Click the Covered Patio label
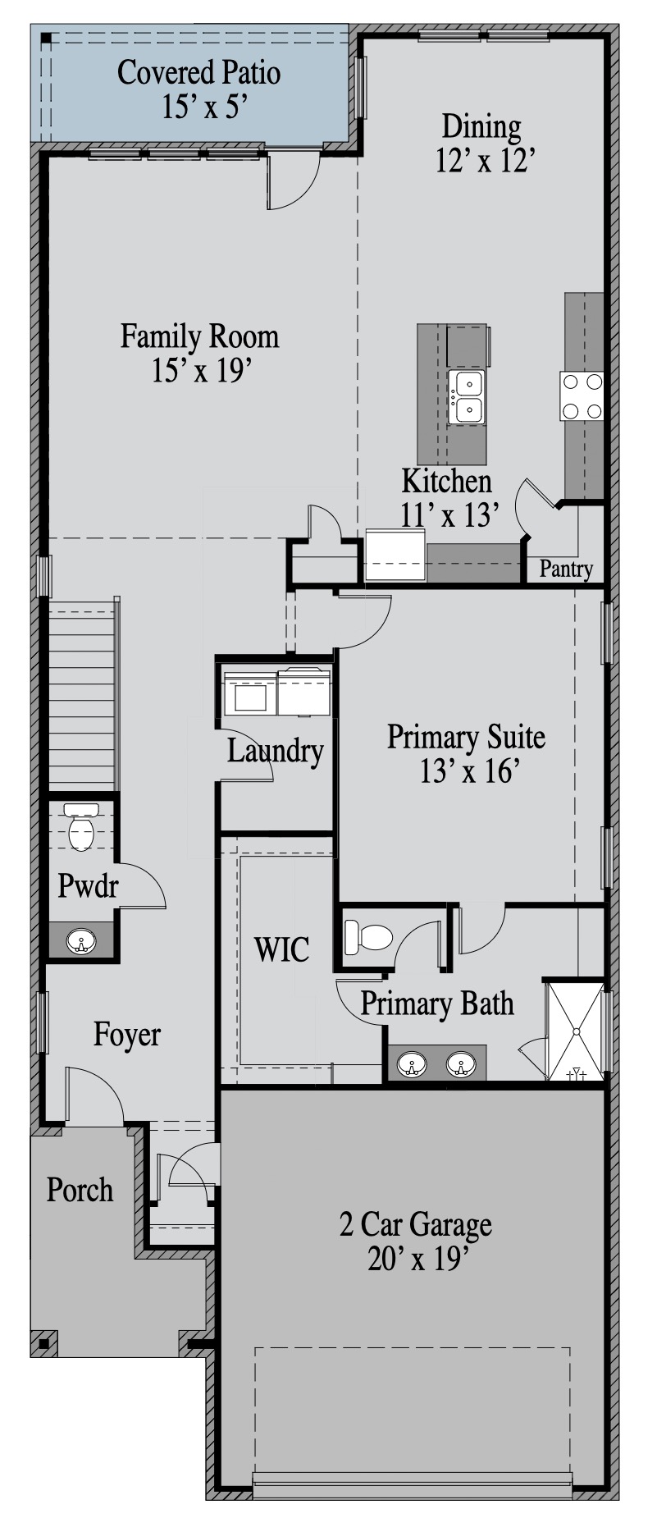tap(198, 72)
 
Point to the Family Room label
tap(199, 336)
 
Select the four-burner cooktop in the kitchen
tap(582, 396)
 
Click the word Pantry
tap(566, 569)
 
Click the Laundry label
tap(275, 751)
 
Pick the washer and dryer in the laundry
tap(277, 693)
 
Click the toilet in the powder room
tap(80, 827)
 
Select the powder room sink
tap(80, 941)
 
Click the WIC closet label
tap(281, 949)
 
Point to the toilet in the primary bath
tap(368, 937)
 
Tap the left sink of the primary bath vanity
tap(411, 1066)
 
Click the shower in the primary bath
tap(576, 1031)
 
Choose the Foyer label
tap(126, 1035)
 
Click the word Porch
tap(80, 1190)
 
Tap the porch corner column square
tap(43, 1344)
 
